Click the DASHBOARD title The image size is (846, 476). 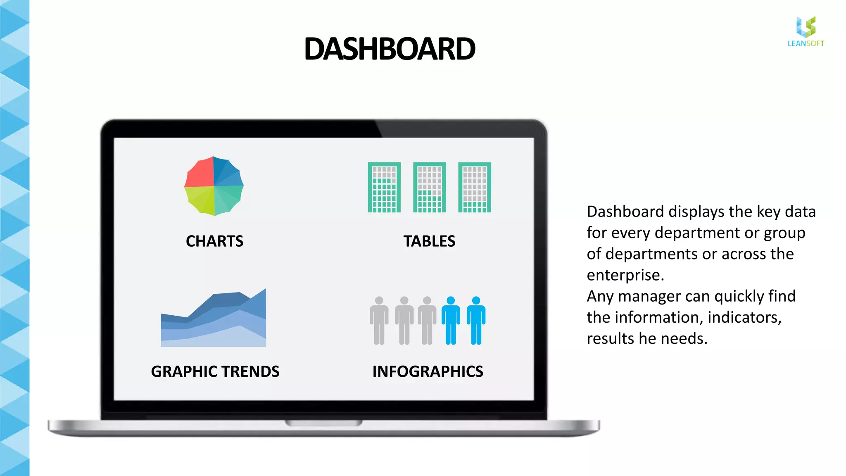tap(390, 49)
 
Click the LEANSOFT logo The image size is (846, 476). tap(806, 32)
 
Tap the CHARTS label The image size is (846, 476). tap(214, 241)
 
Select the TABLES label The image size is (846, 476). tap(429, 241)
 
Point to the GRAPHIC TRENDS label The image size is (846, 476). tap(215, 371)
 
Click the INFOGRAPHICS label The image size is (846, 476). tap(428, 371)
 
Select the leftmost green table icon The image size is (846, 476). tap(384, 188)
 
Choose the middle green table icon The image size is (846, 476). tap(430, 188)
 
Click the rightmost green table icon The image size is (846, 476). tap(475, 188)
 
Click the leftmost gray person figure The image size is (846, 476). tap(379, 321)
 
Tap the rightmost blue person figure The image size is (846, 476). tap(476, 321)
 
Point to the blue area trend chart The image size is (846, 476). tap(214, 322)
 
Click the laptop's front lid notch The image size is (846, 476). tap(323, 423)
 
